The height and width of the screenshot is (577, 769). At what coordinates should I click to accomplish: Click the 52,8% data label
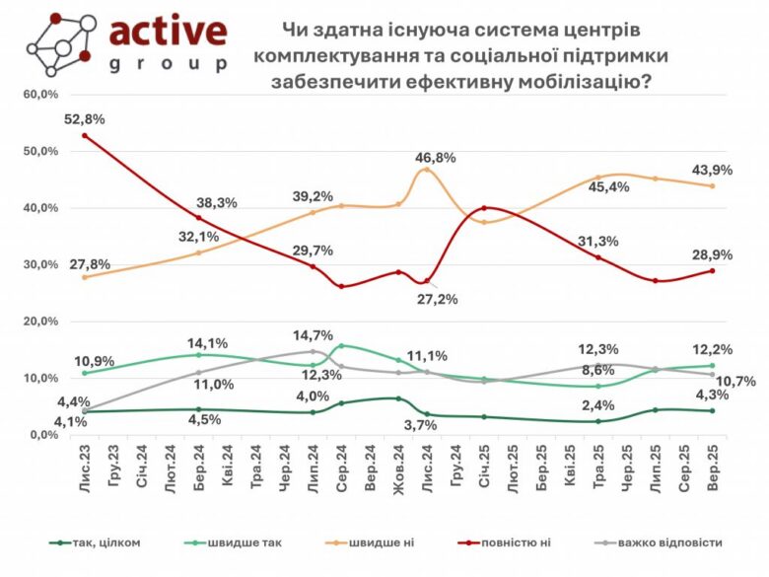(x=85, y=119)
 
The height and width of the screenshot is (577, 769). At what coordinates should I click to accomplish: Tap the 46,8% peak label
(x=435, y=157)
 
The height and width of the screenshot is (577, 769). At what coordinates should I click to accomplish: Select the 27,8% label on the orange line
(x=90, y=264)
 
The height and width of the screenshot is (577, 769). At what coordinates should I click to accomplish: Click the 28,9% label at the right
(x=712, y=255)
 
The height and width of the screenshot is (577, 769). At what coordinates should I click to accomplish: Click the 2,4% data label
(x=594, y=403)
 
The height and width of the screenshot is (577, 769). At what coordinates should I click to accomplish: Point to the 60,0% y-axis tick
(x=40, y=95)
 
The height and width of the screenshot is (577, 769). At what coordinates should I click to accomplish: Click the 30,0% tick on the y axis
(x=40, y=265)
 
